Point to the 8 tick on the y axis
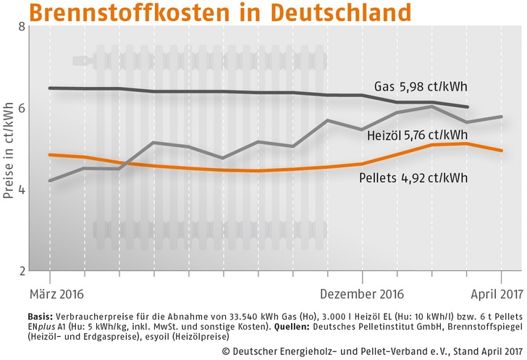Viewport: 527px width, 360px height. pyautogui.click(x=22, y=27)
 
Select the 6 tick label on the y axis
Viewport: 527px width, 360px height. pyautogui.click(x=22, y=108)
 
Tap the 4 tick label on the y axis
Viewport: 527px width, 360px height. pyautogui.click(x=22, y=190)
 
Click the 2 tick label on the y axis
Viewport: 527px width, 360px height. pyautogui.click(x=22, y=271)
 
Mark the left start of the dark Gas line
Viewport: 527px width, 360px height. pyautogui.click(x=49, y=88)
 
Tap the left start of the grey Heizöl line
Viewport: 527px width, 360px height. pyautogui.click(x=49, y=181)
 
